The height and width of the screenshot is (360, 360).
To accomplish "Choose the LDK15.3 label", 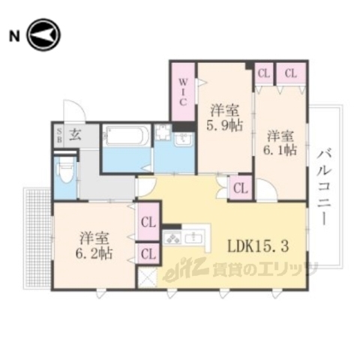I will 255,246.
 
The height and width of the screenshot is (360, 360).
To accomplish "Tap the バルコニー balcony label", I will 324,184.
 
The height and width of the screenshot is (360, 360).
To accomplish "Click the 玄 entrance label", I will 76,135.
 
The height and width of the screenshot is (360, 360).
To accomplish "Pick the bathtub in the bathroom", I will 125,137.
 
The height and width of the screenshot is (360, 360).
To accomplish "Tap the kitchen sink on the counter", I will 198,238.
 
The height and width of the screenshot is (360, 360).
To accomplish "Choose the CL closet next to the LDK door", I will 240,187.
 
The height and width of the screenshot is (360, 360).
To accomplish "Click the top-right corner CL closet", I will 290,73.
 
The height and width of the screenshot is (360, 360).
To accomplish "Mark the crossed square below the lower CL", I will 147,277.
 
